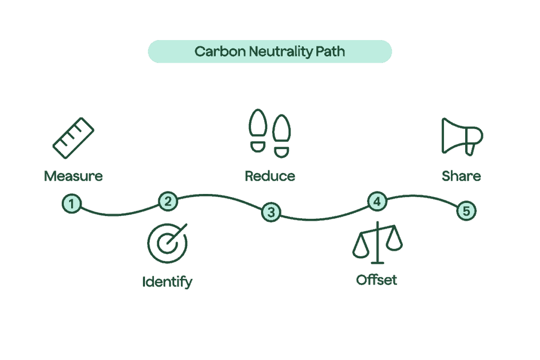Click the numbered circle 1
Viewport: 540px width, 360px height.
click(72, 203)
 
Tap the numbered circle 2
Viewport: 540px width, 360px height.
click(168, 201)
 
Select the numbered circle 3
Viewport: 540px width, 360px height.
click(271, 212)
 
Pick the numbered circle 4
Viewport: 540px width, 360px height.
click(377, 201)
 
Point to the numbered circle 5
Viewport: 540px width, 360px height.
click(466, 211)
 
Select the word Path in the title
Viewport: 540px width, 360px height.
click(331, 52)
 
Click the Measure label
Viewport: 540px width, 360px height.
click(74, 176)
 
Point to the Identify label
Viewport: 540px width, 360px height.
click(168, 281)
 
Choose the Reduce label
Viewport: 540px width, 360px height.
click(270, 176)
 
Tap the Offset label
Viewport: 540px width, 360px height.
click(377, 280)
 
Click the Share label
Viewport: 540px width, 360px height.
click(461, 176)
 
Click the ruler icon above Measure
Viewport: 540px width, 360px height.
click(74, 138)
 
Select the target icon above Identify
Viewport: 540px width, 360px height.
click(168, 244)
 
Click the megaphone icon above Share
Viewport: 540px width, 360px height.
click(461, 136)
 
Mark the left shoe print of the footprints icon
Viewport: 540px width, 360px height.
click(258, 131)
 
